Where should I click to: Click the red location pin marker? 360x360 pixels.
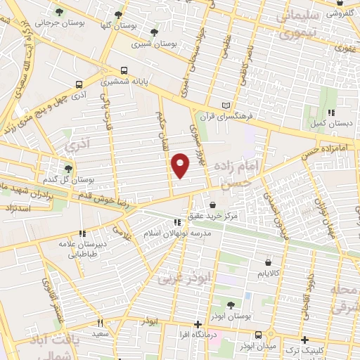[181, 165]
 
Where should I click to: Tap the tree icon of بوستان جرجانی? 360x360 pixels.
[58, 13]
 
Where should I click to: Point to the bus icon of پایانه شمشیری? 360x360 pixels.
[124, 70]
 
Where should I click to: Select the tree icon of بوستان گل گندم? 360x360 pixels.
[68, 168]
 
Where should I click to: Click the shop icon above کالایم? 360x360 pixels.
[268, 258]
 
